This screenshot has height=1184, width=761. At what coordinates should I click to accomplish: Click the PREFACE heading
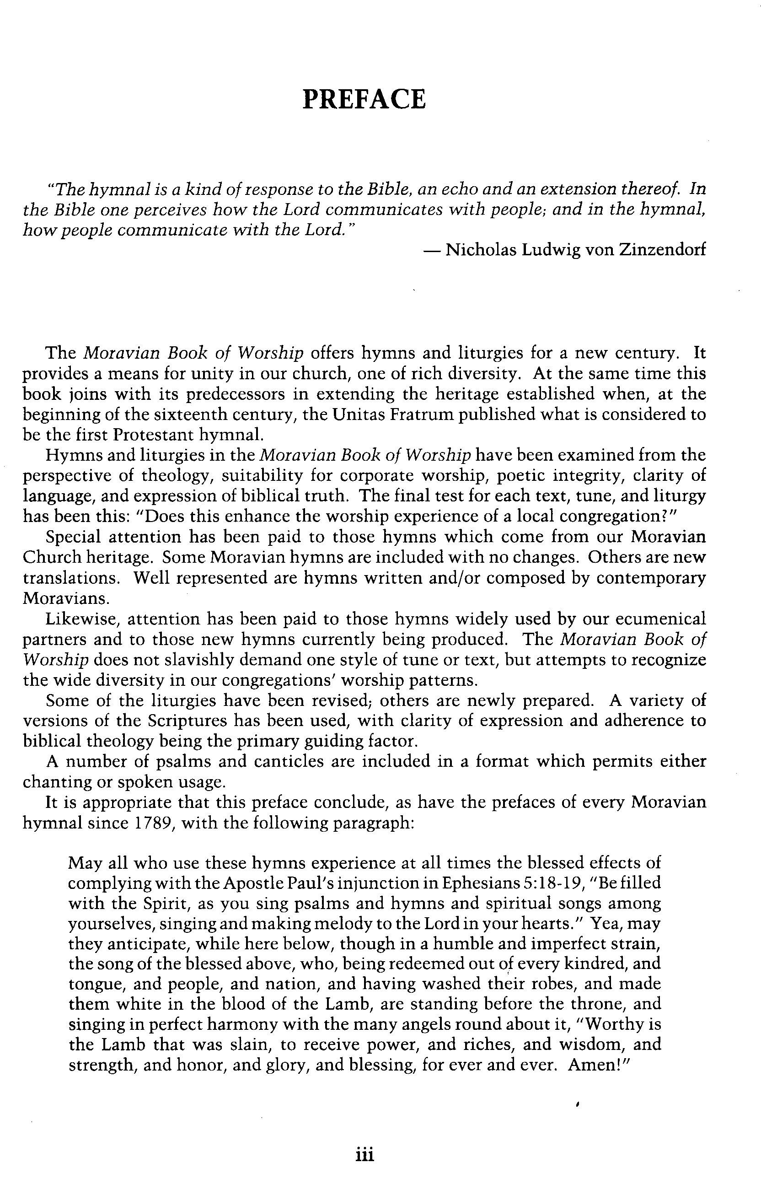[x=364, y=99]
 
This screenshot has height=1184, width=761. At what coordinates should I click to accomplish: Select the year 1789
[x=152, y=823]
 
